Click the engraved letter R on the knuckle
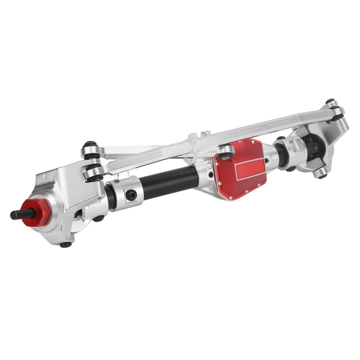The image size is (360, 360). tap(45, 175)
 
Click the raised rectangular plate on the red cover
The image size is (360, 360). tap(250, 168)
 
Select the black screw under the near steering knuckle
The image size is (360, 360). tap(65, 245)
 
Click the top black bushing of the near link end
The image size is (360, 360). tap(90, 144)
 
